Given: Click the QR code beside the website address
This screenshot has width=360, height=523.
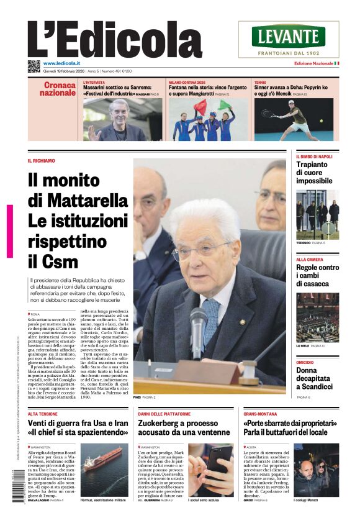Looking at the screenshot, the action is (x=34, y=66).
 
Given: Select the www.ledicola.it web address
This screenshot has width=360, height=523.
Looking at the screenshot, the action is (x=63, y=63).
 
